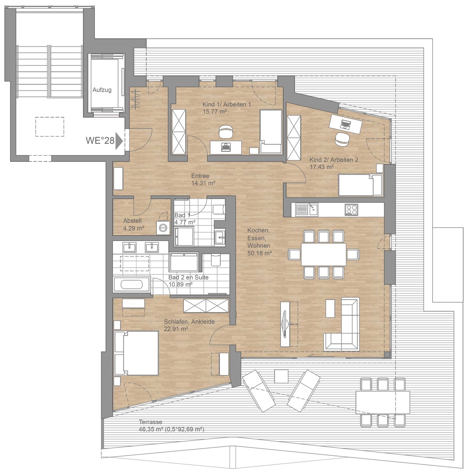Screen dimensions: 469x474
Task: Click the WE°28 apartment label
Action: point(100,141)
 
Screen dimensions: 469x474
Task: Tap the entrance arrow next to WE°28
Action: point(119,141)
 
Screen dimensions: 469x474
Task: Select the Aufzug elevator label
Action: point(102,90)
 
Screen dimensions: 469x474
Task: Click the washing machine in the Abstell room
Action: point(163,228)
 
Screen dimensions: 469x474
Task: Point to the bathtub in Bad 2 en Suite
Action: point(132,284)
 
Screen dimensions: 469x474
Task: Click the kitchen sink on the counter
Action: point(307,210)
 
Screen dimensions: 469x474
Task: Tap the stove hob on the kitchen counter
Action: point(352,210)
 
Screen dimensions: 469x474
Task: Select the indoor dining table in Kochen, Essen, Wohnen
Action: point(323,254)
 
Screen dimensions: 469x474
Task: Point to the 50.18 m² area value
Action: point(259,253)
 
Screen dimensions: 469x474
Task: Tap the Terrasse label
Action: point(151,422)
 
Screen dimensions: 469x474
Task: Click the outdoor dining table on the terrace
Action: point(383,402)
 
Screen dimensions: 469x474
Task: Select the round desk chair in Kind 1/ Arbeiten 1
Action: point(225,132)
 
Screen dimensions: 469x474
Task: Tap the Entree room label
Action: point(200,176)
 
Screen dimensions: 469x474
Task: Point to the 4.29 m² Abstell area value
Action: point(134,228)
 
